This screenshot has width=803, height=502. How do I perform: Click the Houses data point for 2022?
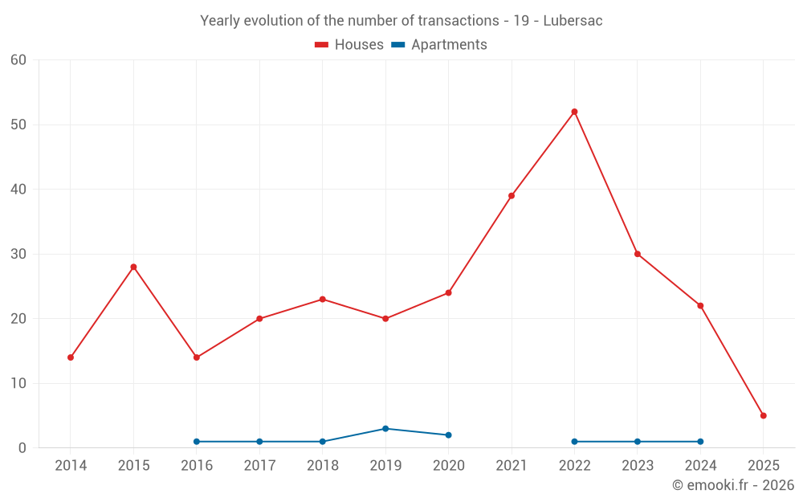tap(574, 112)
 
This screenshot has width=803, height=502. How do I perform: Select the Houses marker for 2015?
tap(133, 267)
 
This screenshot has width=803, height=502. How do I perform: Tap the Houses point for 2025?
tap(763, 415)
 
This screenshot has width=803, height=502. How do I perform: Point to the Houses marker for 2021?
tap(512, 196)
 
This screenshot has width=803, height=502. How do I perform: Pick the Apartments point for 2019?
tap(385, 429)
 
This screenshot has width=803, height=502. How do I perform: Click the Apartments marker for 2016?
tap(197, 442)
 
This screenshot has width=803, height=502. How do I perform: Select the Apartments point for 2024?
tap(700, 442)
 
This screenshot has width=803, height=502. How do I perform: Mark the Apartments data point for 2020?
tap(448, 435)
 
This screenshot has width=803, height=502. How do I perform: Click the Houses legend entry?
tap(349, 45)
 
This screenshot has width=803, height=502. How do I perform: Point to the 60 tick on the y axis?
tap(18, 60)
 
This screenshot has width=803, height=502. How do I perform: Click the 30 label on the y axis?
tap(18, 254)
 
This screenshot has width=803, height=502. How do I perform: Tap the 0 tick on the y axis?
tap(22, 448)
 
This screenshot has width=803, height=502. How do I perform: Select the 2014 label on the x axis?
tap(71, 466)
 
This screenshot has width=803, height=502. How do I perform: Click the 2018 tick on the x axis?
tap(323, 466)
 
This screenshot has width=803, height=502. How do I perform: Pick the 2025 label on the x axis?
tap(763, 466)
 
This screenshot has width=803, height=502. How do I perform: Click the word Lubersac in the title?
tap(573, 21)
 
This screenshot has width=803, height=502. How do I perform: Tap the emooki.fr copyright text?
tap(732, 485)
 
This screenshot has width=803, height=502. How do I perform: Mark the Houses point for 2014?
tap(71, 357)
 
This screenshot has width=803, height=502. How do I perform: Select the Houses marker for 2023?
tap(638, 254)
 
